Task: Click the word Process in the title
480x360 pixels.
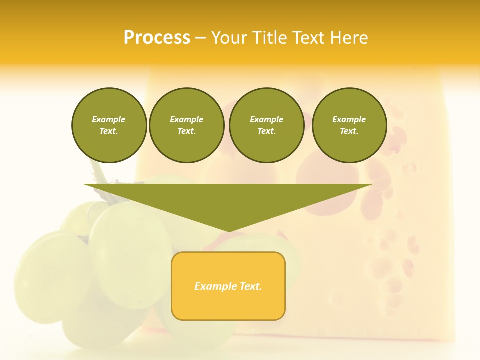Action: (x=157, y=38)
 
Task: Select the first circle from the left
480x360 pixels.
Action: (x=109, y=125)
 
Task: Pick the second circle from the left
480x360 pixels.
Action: (x=186, y=125)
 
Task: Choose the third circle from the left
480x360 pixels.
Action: (x=266, y=125)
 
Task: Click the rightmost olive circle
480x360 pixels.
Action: (x=349, y=125)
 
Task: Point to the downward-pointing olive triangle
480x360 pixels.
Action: (x=228, y=200)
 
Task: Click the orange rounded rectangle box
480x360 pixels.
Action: (x=228, y=286)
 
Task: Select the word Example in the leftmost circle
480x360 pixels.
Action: (x=109, y=119)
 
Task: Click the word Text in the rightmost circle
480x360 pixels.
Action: (x=348, y=131)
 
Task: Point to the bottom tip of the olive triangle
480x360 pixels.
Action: (x=228, y=230)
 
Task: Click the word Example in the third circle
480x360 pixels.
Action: (x=266, y=119)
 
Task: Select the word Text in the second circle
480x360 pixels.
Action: (x=186, y=131)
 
